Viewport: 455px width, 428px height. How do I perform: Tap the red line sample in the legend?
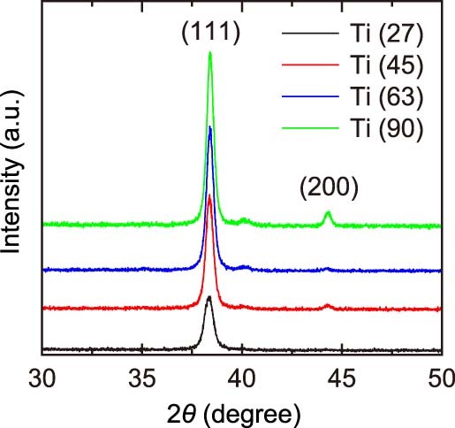pos(310,66)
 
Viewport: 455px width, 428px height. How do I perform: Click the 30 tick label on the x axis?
pos(42,374)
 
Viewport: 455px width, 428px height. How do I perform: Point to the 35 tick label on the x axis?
pos(141,374)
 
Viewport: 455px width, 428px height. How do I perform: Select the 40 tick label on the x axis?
pos(241,374)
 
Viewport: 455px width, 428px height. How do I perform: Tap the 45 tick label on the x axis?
pos(341,374)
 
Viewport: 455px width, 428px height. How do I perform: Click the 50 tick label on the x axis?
pos(439,374)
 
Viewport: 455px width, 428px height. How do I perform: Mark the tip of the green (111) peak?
pos(210,53)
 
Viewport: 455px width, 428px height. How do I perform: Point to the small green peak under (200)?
pos(328,213)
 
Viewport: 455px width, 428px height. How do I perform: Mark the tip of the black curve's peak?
pos(209,298)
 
